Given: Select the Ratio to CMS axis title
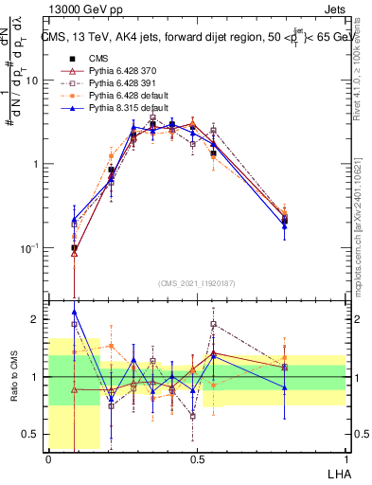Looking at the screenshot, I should pos(12,376).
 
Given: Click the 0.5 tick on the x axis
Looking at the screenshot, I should pos(197,458).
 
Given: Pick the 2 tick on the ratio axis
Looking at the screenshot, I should pos(36,319).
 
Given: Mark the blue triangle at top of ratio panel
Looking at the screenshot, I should pos(75,312).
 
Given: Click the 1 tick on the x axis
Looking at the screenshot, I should pos(345,458).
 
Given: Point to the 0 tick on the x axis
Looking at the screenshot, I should pos(48,458).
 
